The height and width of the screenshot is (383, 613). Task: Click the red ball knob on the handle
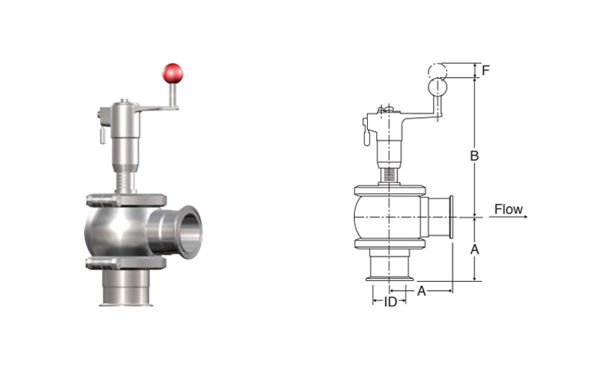pos(172,74)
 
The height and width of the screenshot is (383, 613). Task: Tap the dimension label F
pos(486,70)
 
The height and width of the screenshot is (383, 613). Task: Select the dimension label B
pos(474,156)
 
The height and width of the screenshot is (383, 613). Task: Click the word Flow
pos(508,209)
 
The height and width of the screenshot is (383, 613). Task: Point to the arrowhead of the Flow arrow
pos(526,217)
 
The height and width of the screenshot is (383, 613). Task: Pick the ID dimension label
pos(390,301)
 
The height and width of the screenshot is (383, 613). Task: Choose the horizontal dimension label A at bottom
pos(421,291)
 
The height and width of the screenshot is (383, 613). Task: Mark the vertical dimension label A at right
pos(474,249)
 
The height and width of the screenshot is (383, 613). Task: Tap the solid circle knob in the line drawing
pos(438,87)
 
